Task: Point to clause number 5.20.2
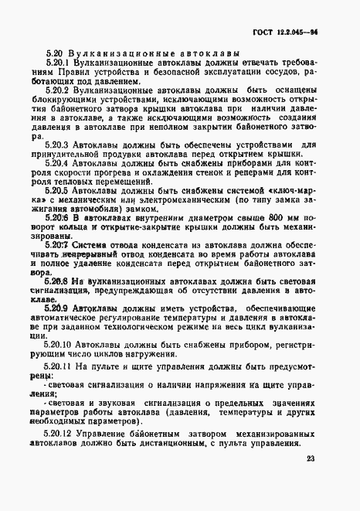tap(60, 91)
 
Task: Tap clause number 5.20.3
tap(60, 145)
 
